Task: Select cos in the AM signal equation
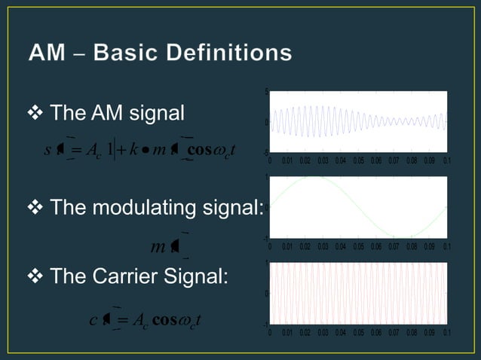click(x=201, y=148)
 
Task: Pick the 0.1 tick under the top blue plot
click(x=447, y=160)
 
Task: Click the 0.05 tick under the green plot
click(x=358, y=246)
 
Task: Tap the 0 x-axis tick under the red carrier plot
click(x=271, y=332)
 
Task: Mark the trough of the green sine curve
click(x=403, y=236)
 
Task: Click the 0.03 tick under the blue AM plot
click(x=323, y=160)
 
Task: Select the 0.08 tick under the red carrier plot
click(x=412, y=332)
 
